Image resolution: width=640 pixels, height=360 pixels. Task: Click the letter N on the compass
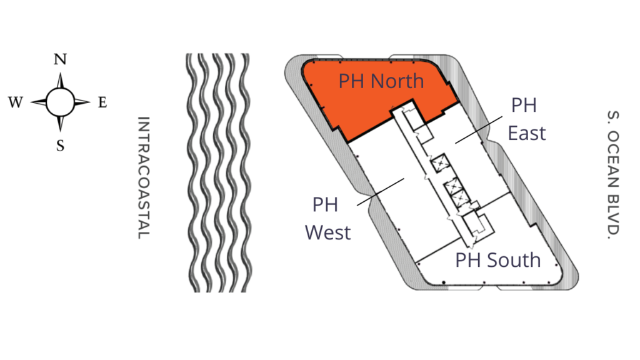60,59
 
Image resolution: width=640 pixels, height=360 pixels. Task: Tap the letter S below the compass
61,145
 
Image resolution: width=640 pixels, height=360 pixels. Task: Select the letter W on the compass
16,102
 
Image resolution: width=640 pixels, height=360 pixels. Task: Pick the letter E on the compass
102,102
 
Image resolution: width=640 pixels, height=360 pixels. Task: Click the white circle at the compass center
61,102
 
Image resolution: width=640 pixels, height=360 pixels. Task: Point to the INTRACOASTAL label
144,177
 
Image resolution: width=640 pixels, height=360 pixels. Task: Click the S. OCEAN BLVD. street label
613,175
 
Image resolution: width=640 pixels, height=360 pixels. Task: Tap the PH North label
381,81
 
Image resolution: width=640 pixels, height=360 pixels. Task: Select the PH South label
498,260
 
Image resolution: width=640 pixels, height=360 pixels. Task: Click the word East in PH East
527,133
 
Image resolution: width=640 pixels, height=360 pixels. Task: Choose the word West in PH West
327,232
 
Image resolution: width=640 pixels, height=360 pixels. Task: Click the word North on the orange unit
397,81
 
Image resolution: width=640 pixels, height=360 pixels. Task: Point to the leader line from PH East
479,130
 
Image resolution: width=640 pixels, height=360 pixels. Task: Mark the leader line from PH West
381,191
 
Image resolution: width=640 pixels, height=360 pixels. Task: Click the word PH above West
325,205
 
